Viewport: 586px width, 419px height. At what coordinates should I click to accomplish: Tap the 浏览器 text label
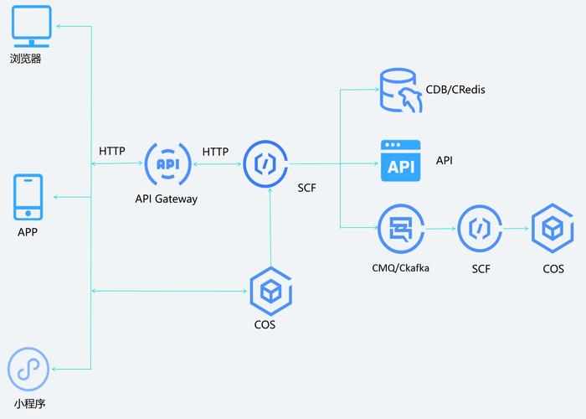(26, 59)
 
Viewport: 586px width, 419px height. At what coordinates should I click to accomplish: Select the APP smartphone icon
(28, 198)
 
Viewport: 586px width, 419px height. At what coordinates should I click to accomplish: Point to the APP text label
(28, 232)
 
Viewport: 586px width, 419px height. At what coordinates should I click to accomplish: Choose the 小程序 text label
(29, 404)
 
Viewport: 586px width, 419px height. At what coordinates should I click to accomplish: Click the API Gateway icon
(167, 164)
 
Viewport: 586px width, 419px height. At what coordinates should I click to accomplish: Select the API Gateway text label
(167, 199)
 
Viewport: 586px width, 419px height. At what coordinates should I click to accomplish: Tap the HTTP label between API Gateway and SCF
(215, 152)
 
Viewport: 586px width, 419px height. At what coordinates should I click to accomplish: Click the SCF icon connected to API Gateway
(265, 164)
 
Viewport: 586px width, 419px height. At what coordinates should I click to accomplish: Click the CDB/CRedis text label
(455, 90)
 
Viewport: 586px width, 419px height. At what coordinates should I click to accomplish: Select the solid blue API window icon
(400, 160)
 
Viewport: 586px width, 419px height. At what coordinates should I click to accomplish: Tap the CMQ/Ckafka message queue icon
(399, 228)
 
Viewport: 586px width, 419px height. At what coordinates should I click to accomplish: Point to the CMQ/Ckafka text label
(401, 268)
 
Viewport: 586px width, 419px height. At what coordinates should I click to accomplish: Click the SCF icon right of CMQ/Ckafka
(480, 228)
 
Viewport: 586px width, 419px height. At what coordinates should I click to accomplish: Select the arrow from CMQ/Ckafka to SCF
(439, 228)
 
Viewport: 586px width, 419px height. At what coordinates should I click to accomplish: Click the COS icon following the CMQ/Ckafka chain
(553, 228)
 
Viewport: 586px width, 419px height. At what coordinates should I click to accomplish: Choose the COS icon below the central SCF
(270, 290)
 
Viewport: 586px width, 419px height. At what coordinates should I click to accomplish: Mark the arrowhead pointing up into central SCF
(270, 191)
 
